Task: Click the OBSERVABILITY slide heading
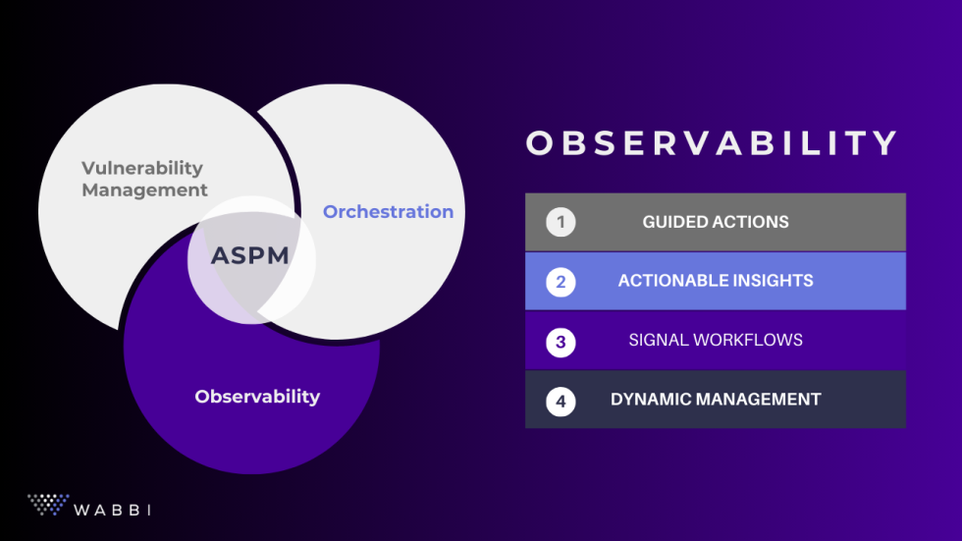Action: pyautogui.click(x=712, y=143)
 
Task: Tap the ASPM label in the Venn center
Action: pyautogui.click(x=250, y=256)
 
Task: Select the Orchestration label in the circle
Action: pyautogui.click(x=388, y=212)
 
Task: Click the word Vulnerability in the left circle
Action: pyautogui.click(x=142, y=168)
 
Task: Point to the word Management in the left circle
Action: pyautogui.click(x=144, y=190)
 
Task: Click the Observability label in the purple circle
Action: pyautogui.click(x=257, y=397)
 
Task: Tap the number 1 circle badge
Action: pyautogui.click(x=561, y=222)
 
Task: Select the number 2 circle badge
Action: pyautogui.click(x=561, y=282)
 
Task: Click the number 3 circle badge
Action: pyautogui.click(x=561, y=342)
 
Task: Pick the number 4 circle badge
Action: pyautogui.click(x=561, y=401)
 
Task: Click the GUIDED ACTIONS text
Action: pyautogui.click(x=716, y=222)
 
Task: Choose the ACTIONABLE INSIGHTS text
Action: pyautogui.click(x=716, y=281)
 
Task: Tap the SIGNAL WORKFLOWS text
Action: pyautogui.click(x=716, y=341)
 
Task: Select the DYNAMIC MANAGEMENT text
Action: pyautogui.click(x=716, y=400)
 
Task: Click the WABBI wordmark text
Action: pyautogui.click(x=113, y=510)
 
